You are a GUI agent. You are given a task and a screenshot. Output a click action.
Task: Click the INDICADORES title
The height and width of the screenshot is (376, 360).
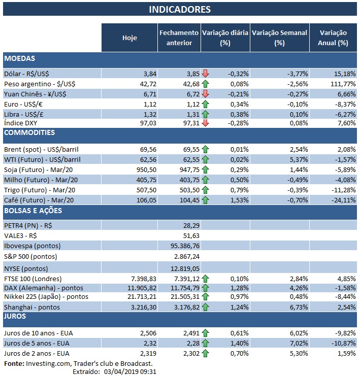(x=180, y=10)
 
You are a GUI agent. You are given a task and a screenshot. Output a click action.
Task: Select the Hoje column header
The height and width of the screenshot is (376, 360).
(x=129, y=38)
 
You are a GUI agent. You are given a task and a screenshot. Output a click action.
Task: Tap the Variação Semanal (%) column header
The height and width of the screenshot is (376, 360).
(x=279, y=38)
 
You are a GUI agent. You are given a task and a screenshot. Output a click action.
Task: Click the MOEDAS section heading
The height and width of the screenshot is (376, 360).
(x=20, y=59)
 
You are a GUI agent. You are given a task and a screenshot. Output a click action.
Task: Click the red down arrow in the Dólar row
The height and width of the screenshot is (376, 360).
(x=205, y=74)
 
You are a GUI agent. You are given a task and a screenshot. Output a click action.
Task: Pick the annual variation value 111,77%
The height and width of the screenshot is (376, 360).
(x=342, y=83)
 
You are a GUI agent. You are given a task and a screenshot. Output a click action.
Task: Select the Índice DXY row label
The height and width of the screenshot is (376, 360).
(x=21, y=123)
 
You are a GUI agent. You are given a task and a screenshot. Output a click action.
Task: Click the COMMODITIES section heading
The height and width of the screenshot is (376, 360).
(x=29, y=133)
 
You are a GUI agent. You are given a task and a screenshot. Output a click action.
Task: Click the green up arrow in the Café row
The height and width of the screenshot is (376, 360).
(x=205, y=200)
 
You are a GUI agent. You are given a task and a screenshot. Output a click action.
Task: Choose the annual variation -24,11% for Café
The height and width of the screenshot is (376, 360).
(x=342, y=200)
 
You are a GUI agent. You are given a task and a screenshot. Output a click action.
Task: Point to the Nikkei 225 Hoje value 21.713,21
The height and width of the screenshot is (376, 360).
(x=139, y=296)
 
